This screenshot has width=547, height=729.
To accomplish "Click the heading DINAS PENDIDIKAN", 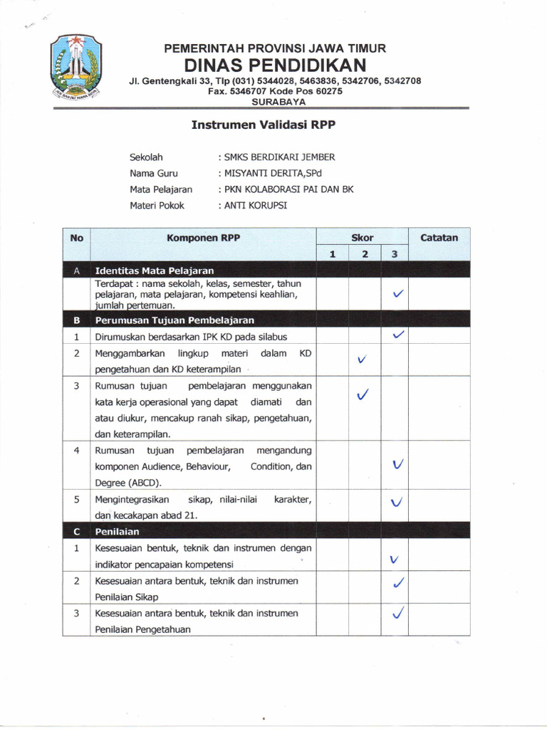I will tap(275, 65).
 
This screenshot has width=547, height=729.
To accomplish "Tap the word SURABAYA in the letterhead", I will tap(275, 101).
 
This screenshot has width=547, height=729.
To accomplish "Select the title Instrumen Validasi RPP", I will tap(263, 125).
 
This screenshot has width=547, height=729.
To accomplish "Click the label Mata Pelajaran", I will tap(161, 189).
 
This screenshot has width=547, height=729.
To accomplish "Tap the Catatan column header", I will tap(439, 238).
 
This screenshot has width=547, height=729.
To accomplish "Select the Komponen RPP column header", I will tap(203, 238).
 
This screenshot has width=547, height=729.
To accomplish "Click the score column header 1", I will tap(332, 254).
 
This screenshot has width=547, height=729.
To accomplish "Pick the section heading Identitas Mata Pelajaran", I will tap(155, 271).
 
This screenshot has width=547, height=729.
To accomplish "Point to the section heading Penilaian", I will tap(118, 531).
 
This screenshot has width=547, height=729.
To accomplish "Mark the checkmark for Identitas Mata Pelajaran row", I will tap(398, 293).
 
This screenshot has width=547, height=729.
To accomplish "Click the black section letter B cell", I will tap(76, 320).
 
